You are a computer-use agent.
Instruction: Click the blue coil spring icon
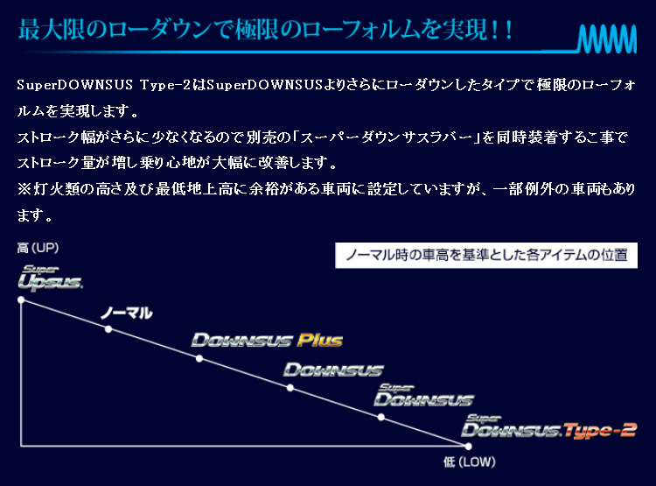(x=608, y=39)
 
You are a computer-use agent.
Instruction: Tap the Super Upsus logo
(x=50, y=278)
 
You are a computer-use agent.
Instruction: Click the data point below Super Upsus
(x=21, y=300)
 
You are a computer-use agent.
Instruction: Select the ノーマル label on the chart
(x=126, y=313)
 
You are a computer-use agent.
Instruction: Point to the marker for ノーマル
(x=108, y=329)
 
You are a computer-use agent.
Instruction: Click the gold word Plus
(x=320, y=340)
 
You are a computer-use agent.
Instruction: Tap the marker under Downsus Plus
(x=199, y=359)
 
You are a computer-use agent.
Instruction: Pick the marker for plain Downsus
(x=290, y=388)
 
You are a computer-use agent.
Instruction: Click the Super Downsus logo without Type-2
(x=423, y=396)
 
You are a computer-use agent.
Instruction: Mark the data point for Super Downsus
(x=380, y=418)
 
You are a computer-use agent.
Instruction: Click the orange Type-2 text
(x=599, y=431)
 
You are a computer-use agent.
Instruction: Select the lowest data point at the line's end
(x=468, y=447)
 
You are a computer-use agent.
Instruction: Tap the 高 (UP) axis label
(x=38, y=248)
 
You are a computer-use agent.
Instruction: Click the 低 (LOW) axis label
(x=470, y=462)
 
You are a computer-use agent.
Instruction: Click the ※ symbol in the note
(x=24, y=189)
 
